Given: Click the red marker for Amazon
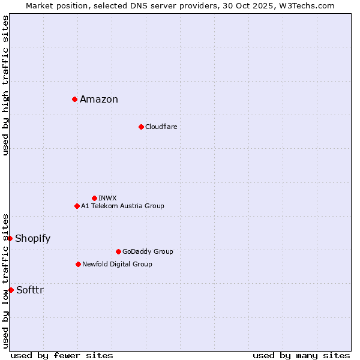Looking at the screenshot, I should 74,99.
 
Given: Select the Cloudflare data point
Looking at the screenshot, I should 141,127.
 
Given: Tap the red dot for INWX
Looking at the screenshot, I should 94,198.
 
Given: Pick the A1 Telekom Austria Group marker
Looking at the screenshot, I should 77,206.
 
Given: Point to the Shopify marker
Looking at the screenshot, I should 10,238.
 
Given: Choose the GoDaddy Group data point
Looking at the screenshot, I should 118,251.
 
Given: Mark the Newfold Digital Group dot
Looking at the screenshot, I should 78,264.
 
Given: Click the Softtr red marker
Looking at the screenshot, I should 11,290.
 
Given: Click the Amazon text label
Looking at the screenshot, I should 99,100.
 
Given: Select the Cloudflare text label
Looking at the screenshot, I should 161,127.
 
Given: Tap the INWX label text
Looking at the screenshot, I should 107,198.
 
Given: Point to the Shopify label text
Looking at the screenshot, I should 32,239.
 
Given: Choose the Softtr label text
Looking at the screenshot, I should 30,290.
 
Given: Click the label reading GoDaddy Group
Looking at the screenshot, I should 148,251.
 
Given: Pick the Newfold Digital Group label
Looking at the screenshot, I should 117,264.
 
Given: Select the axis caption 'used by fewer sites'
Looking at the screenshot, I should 62,355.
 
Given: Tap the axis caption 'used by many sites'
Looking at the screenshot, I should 301,355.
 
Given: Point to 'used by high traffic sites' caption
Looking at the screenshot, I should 5,85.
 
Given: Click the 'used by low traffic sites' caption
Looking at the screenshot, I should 5,280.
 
